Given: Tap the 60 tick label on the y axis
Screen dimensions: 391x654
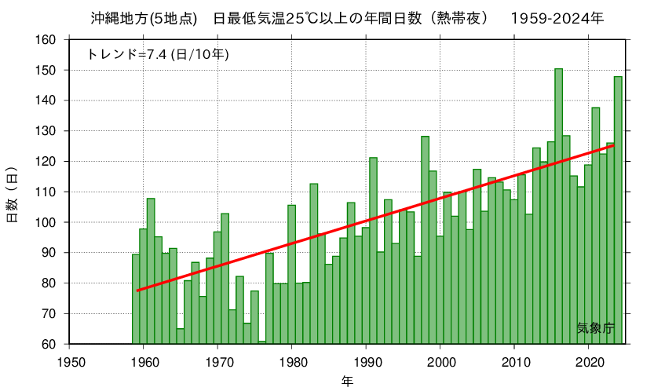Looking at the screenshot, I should (49, 344).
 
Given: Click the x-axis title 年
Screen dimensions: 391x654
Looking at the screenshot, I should (347, 382).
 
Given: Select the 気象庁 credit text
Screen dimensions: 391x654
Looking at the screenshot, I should (595, 328).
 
